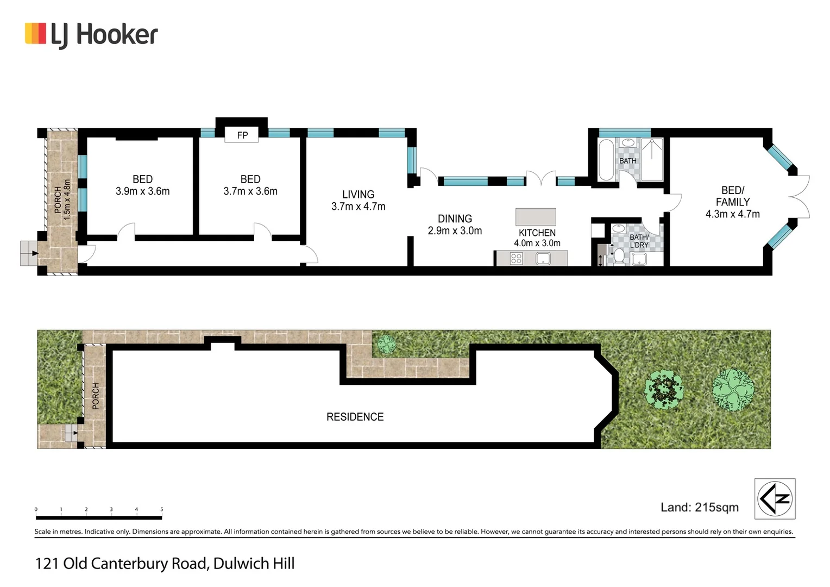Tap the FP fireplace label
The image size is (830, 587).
pyautogui.click(x=242, y=135)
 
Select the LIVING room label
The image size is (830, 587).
pyautogui.click(x=358, y=194)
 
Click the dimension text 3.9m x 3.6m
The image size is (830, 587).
pyautogui.click(x=142, y=191)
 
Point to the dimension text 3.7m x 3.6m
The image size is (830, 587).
pyautogui.click(x=250, y=191)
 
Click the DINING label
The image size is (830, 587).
pyautogui.click(x=455, y=218)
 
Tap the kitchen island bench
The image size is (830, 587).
pyautogui.click(x=536, y=217)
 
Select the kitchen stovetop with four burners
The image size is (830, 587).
pyautogui.click(x=516, y=259)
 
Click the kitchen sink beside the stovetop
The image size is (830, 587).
pyautogui.click(x=543, y=259)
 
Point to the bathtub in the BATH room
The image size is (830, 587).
pyautogui.click(x=606, y=160)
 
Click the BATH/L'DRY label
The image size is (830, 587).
pyautogui.click(x=639, y=241)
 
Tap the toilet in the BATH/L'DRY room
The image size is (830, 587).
pyautogui.click(x=619, y=255)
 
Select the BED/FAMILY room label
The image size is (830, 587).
pyautogui.click(x=732, y=196)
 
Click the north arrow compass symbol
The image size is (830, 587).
pyautogui.click(x=775, y=498)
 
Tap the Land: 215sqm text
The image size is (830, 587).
pyautogui.click(x=699, y=507)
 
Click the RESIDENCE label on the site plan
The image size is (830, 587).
pyautogui.click(x=355, y=417)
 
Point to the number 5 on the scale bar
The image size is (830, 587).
pyautogui.click(x=161, y=509)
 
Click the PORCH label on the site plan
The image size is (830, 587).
pyautogui.click(x=96, y=396)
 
